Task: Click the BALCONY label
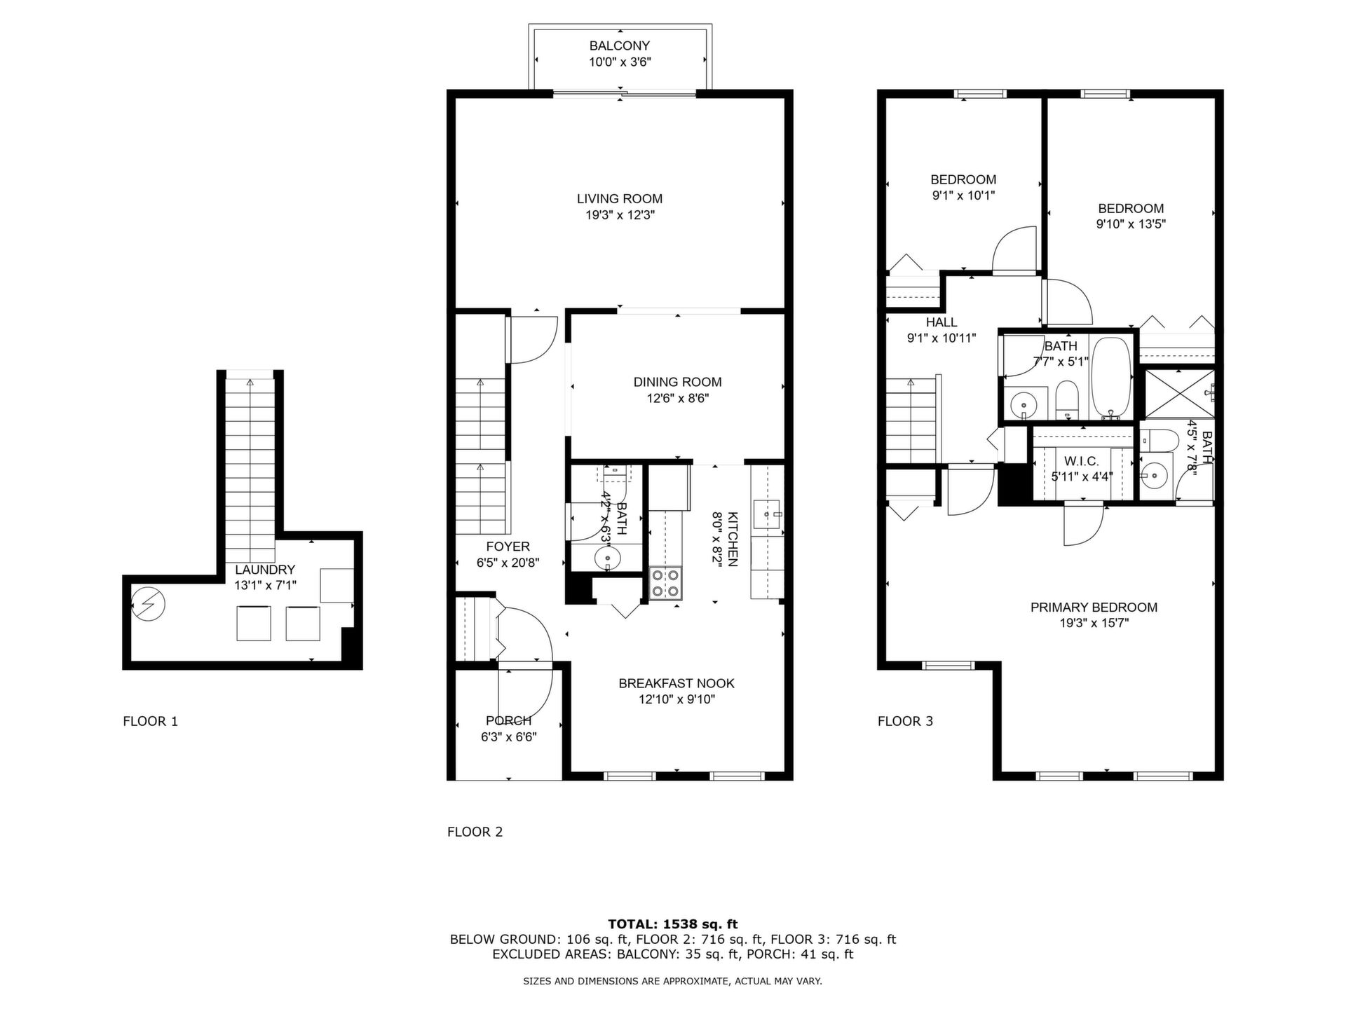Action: (x=619, y=46)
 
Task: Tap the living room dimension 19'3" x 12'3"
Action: (x=620, y=215)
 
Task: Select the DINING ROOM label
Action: (x=677, y=382)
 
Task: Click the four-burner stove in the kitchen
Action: (x=665, y=583)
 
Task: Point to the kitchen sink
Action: (x=767, y=514)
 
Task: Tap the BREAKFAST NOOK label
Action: (x=677, y=683)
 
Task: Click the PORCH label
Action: (x=508, y=721)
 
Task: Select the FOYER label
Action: (x=508, y=547)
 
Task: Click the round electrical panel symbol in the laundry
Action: (x=149, y=603)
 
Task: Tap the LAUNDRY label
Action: (x=265, y=570)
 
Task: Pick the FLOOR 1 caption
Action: (x=151, y=721)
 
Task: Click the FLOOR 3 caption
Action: (x=905, y=721)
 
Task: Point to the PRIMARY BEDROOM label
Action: (x=1094, y=608)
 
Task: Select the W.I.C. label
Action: (x=1081, y=461)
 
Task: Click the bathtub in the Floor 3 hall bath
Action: (x=1111, y=378)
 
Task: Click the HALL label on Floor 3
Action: (x=941, y=322)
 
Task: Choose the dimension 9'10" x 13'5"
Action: (x=1131, y=224)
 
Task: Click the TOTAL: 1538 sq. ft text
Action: (x=673, y=924)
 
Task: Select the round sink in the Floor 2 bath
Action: (x=607, y=559)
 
